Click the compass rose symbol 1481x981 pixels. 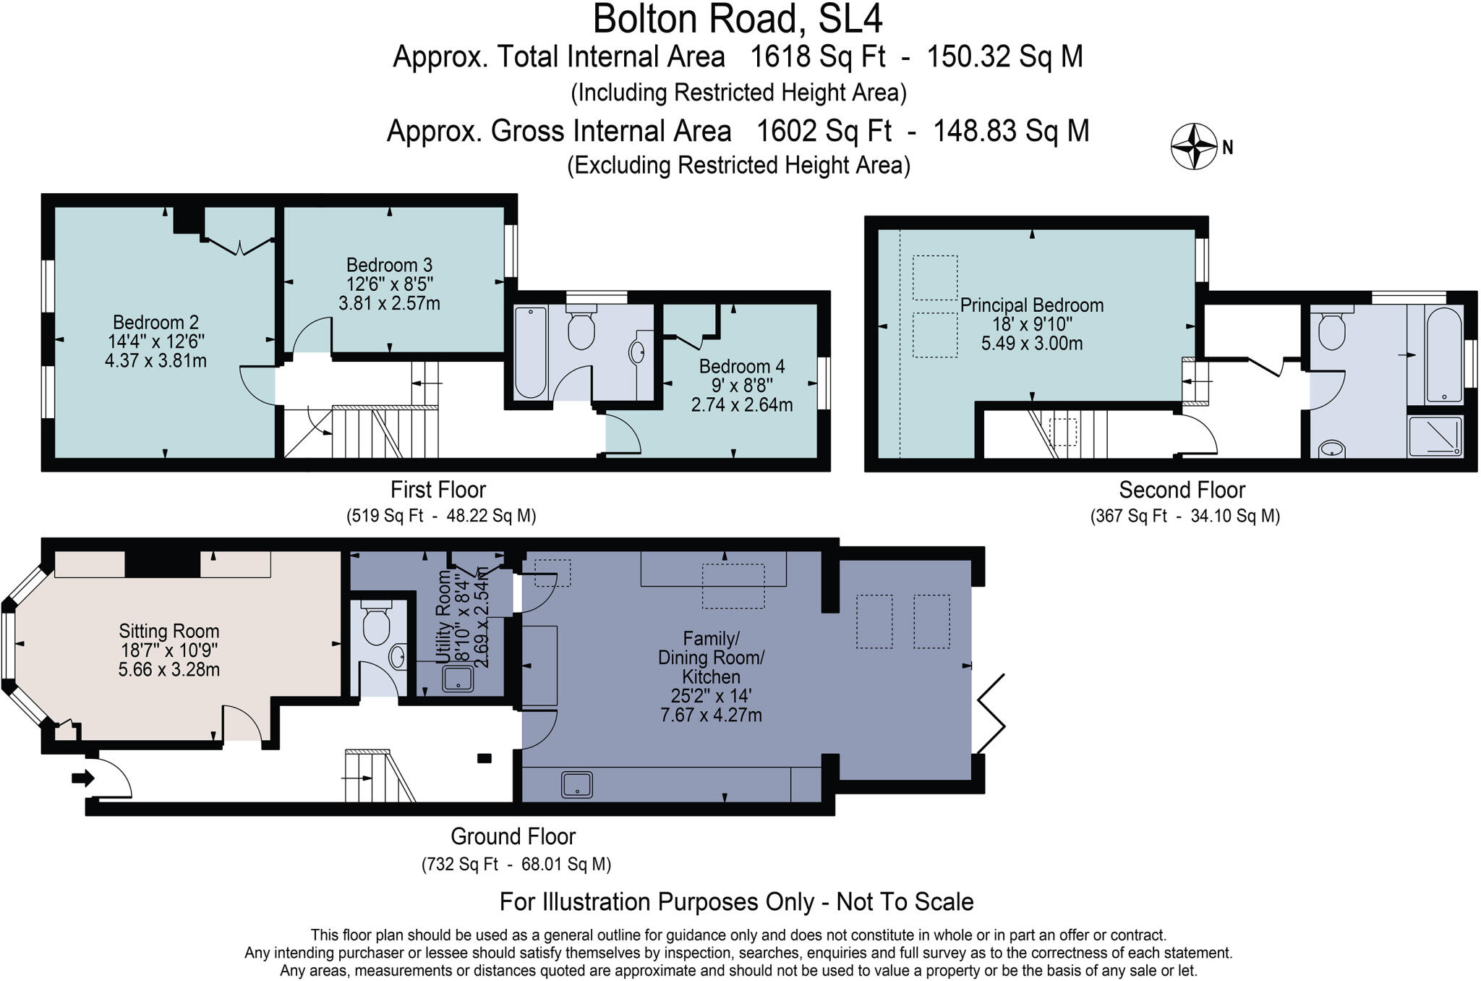tap(1194, 147)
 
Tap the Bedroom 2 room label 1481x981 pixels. tap(155, 323)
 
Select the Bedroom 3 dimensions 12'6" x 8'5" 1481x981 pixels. tap(390, 284)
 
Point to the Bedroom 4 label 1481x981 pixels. tap(741, 367)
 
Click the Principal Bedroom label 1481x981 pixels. tap(1031, 305)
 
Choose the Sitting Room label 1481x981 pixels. tap(168, 632)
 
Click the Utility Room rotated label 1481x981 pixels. tap(444, 616)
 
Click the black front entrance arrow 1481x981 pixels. tap(82, 778)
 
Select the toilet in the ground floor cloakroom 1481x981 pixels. tap(375, 625)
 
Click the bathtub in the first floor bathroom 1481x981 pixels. tap(530, 351)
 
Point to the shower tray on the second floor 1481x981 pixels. tap(1435, 436)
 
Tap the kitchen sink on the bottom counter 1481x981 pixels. tap(576, 785)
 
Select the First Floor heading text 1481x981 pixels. tap(438, 490)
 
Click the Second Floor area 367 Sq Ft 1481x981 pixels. tap(1128, 517)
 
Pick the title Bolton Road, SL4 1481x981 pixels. tap(738, 20)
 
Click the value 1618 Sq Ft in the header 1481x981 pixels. tap(818, 56)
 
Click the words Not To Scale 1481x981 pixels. tap(905, 902)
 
